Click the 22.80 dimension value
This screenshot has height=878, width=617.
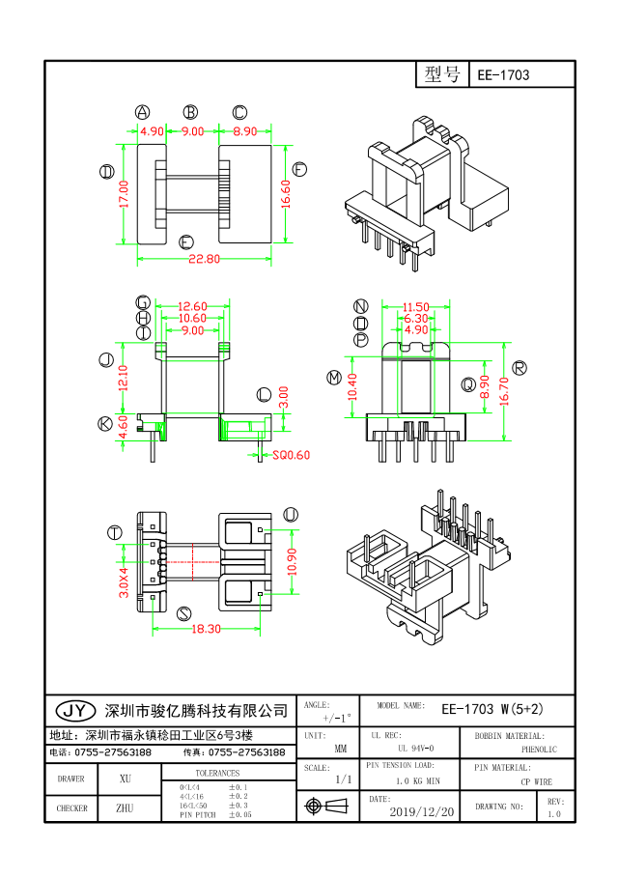click(204, 259)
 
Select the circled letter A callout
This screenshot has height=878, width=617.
click(142, 112)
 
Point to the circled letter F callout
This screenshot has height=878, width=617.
click(299, 169)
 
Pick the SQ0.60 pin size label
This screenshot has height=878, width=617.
click(291, 455)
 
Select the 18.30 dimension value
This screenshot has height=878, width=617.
click(207, 628)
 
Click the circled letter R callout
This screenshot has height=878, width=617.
click(519, 367)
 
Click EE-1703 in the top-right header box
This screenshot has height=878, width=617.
click(503, 75)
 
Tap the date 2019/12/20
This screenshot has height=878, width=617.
click(421, 812)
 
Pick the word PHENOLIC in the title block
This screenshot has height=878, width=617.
click(539, 749)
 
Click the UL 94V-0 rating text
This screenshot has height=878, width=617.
click(415, 749)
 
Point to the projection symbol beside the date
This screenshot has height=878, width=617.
click(325, 806)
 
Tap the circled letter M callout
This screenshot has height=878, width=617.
click(334, 377)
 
